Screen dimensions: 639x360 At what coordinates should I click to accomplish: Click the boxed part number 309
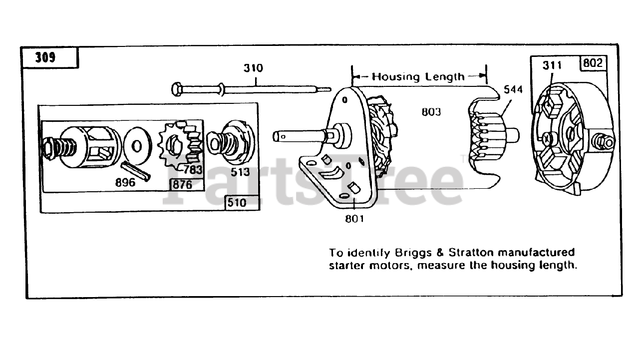[x=45, y=57]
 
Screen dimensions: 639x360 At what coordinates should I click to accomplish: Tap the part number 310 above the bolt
[x=253, y=67]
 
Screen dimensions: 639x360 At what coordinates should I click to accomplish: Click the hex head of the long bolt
[x=176, y=90]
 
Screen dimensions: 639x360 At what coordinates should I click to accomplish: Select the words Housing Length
[x=418, y=76]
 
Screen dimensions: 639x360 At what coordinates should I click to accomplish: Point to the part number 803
[x=431, y=112]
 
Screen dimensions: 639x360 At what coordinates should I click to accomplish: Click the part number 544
[x=513, y=90]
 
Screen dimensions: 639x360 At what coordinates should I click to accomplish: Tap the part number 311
[x=552, y=65]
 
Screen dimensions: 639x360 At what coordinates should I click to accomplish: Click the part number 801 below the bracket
[x=354, y=218]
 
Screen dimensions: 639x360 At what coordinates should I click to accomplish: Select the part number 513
[x=240, y=172]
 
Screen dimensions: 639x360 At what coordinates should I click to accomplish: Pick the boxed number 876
[x=181, y=185]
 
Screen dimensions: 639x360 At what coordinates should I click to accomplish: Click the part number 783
[x=193, y=170]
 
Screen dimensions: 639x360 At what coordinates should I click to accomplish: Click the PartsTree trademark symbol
[x=463, y=159]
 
